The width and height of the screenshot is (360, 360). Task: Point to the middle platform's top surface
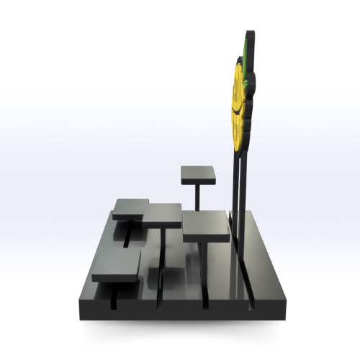(164, 215)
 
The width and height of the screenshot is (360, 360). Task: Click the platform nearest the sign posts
(206, 226)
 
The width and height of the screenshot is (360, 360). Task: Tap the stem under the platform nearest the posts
(206, 266)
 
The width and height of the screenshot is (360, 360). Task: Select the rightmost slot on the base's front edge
(251, 305)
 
